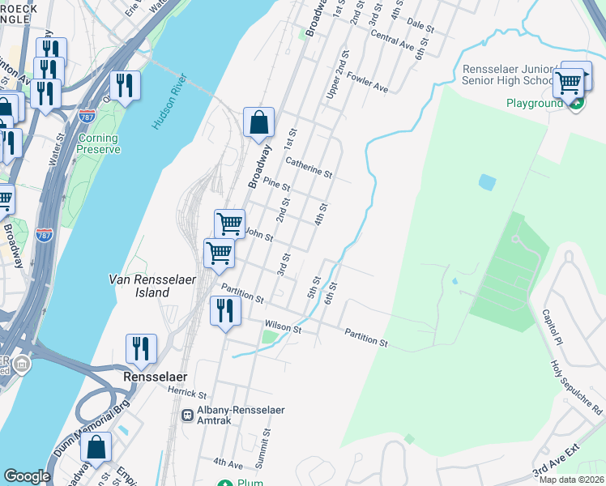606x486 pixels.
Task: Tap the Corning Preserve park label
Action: [99, 143]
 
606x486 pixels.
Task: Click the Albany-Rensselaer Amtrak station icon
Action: [187, 414]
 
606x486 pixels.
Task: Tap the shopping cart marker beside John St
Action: [229, 222]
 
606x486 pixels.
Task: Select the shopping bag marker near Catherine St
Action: [258, 123]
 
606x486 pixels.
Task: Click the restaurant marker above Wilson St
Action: [224, 310]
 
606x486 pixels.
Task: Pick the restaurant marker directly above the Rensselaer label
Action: [141, 348]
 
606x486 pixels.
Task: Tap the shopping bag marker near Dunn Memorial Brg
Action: [96, 448]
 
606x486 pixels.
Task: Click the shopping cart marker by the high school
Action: [569, 81]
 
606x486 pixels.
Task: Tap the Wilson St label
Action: [283, 326]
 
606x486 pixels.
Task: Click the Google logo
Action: [27, 475]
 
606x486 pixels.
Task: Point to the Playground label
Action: [534, 103]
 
